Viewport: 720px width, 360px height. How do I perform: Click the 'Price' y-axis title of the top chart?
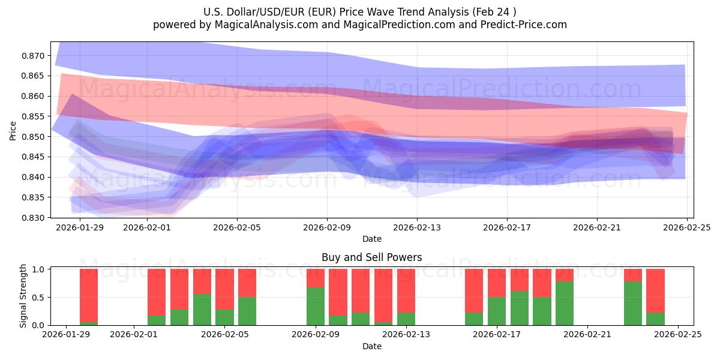pos(13,130)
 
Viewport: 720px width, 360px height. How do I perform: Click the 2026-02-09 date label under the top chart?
pos(327,227)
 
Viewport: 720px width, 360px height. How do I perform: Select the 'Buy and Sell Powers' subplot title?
pos(371,257)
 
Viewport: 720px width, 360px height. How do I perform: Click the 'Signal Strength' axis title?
pos(23,296)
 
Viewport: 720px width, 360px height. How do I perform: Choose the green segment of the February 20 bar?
pos(565,303)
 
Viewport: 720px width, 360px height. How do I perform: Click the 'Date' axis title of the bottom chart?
pos(371,346)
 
